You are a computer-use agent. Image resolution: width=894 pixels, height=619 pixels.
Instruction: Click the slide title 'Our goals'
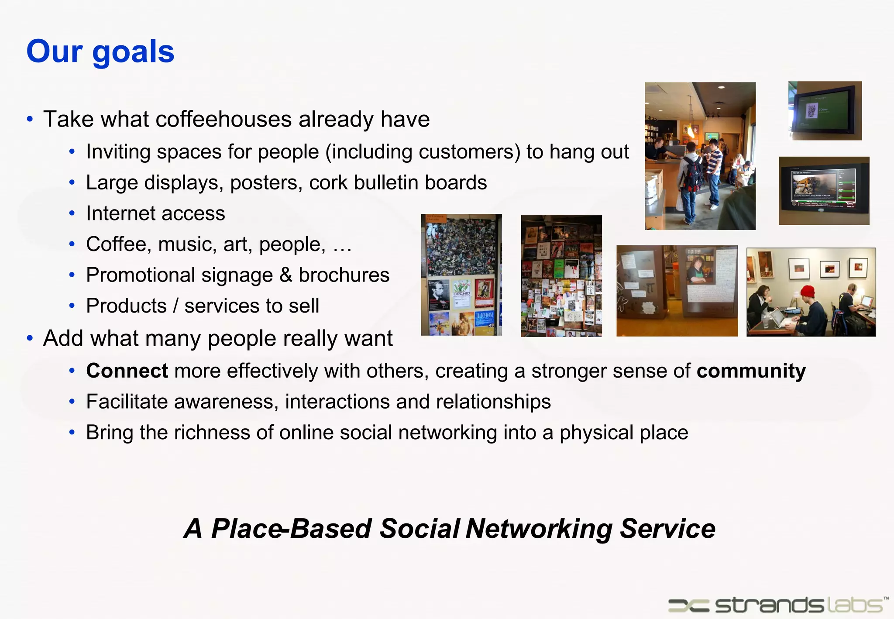pos(100,52)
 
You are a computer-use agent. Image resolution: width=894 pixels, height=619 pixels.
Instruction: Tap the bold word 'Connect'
pos(127,371)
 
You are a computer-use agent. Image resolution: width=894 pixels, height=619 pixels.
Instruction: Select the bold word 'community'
pos(751,371)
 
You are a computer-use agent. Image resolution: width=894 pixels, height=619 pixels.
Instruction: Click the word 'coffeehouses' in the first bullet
pos(223,119)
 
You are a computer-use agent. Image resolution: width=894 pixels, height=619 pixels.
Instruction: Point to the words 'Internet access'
pos(155,213)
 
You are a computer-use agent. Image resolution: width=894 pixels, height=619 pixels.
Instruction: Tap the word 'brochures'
pos(344,275)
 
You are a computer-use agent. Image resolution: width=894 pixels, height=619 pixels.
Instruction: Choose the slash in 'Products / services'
pos(175,306)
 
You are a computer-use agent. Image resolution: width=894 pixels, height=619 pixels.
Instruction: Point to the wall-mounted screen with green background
pos(824,111)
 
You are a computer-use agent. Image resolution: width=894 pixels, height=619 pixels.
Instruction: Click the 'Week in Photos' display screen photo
pos(824,191)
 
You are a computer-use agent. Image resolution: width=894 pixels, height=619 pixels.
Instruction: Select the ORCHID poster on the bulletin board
pos(461,290)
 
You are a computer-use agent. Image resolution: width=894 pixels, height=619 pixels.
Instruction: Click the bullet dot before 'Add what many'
pos(30,338)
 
